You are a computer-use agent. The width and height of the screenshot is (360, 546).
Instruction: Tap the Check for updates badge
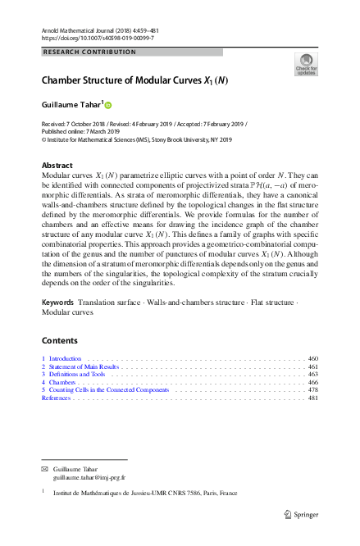point(306,65)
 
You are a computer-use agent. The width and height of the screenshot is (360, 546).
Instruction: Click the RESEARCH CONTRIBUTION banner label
point(89,52)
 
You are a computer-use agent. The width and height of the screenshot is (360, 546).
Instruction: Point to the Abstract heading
point(57,165)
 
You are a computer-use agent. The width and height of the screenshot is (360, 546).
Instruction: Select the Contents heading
point(59,341)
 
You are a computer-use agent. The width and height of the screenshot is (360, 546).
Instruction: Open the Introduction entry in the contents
point(65,359)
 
